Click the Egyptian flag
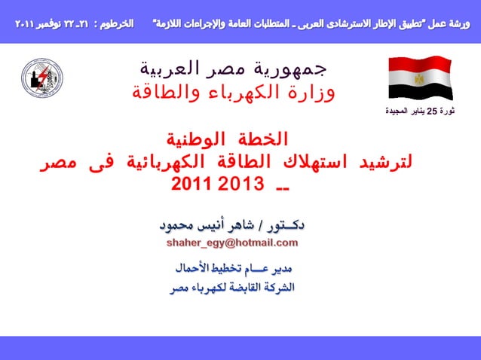tap(421, 78)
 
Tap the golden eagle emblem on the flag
tap(419, 78)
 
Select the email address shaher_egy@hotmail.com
tap(232, 243)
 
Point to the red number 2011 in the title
tap(194, 184)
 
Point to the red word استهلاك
tap(306, 163)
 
